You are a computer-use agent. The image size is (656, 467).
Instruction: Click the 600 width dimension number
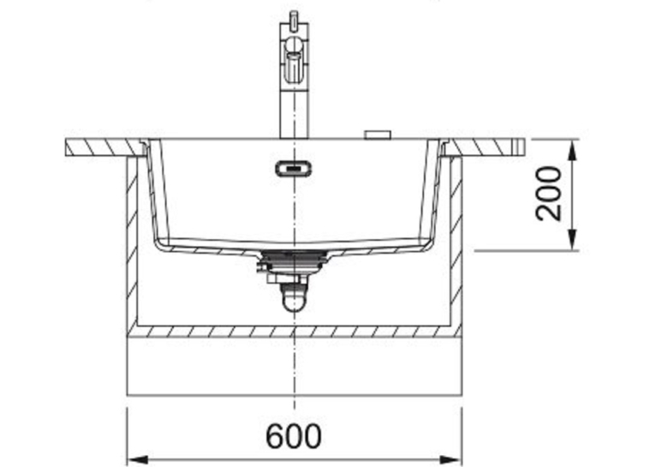click(294, 436)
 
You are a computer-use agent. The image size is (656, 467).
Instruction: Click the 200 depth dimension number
click(548, 194)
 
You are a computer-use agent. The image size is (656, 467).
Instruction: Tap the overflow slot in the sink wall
click(294, 168)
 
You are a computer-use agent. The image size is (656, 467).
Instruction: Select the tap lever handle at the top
click(294, 18)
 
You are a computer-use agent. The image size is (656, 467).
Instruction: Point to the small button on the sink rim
click(378, 135)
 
